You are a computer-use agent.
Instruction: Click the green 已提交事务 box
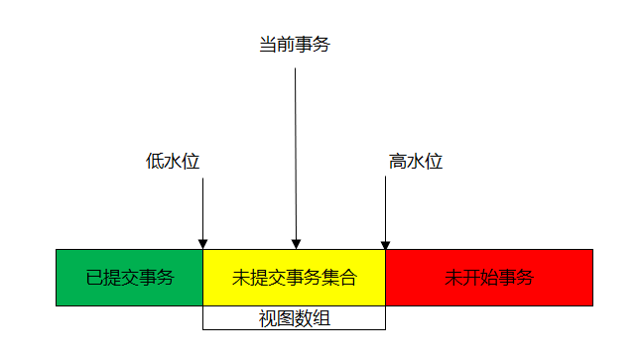[129, 277]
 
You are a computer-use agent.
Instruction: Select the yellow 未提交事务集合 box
[294, 277]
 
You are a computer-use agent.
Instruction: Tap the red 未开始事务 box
[489, 277]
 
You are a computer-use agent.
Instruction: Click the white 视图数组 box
[294, 318]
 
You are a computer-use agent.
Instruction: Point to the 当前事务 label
[294, 46]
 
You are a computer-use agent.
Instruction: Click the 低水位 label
[173, 162]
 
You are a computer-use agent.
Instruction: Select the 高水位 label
[416, 162]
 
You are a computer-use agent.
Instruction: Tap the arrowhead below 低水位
[202, 243]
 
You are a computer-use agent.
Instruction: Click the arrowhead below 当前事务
[295, 243]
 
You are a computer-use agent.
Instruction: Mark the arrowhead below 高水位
[385, 243]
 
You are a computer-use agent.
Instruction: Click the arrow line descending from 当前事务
[295, 149]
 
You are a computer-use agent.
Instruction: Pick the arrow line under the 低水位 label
[202, 208]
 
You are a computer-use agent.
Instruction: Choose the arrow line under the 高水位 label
[385, 208]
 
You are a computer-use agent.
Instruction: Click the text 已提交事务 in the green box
[129, 278]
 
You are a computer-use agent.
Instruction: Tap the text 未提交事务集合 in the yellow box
[294, 278]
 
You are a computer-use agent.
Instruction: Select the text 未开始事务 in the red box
[489, 278]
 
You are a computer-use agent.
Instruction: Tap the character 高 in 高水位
[398, 162]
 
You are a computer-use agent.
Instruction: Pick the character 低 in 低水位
[155, 162]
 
